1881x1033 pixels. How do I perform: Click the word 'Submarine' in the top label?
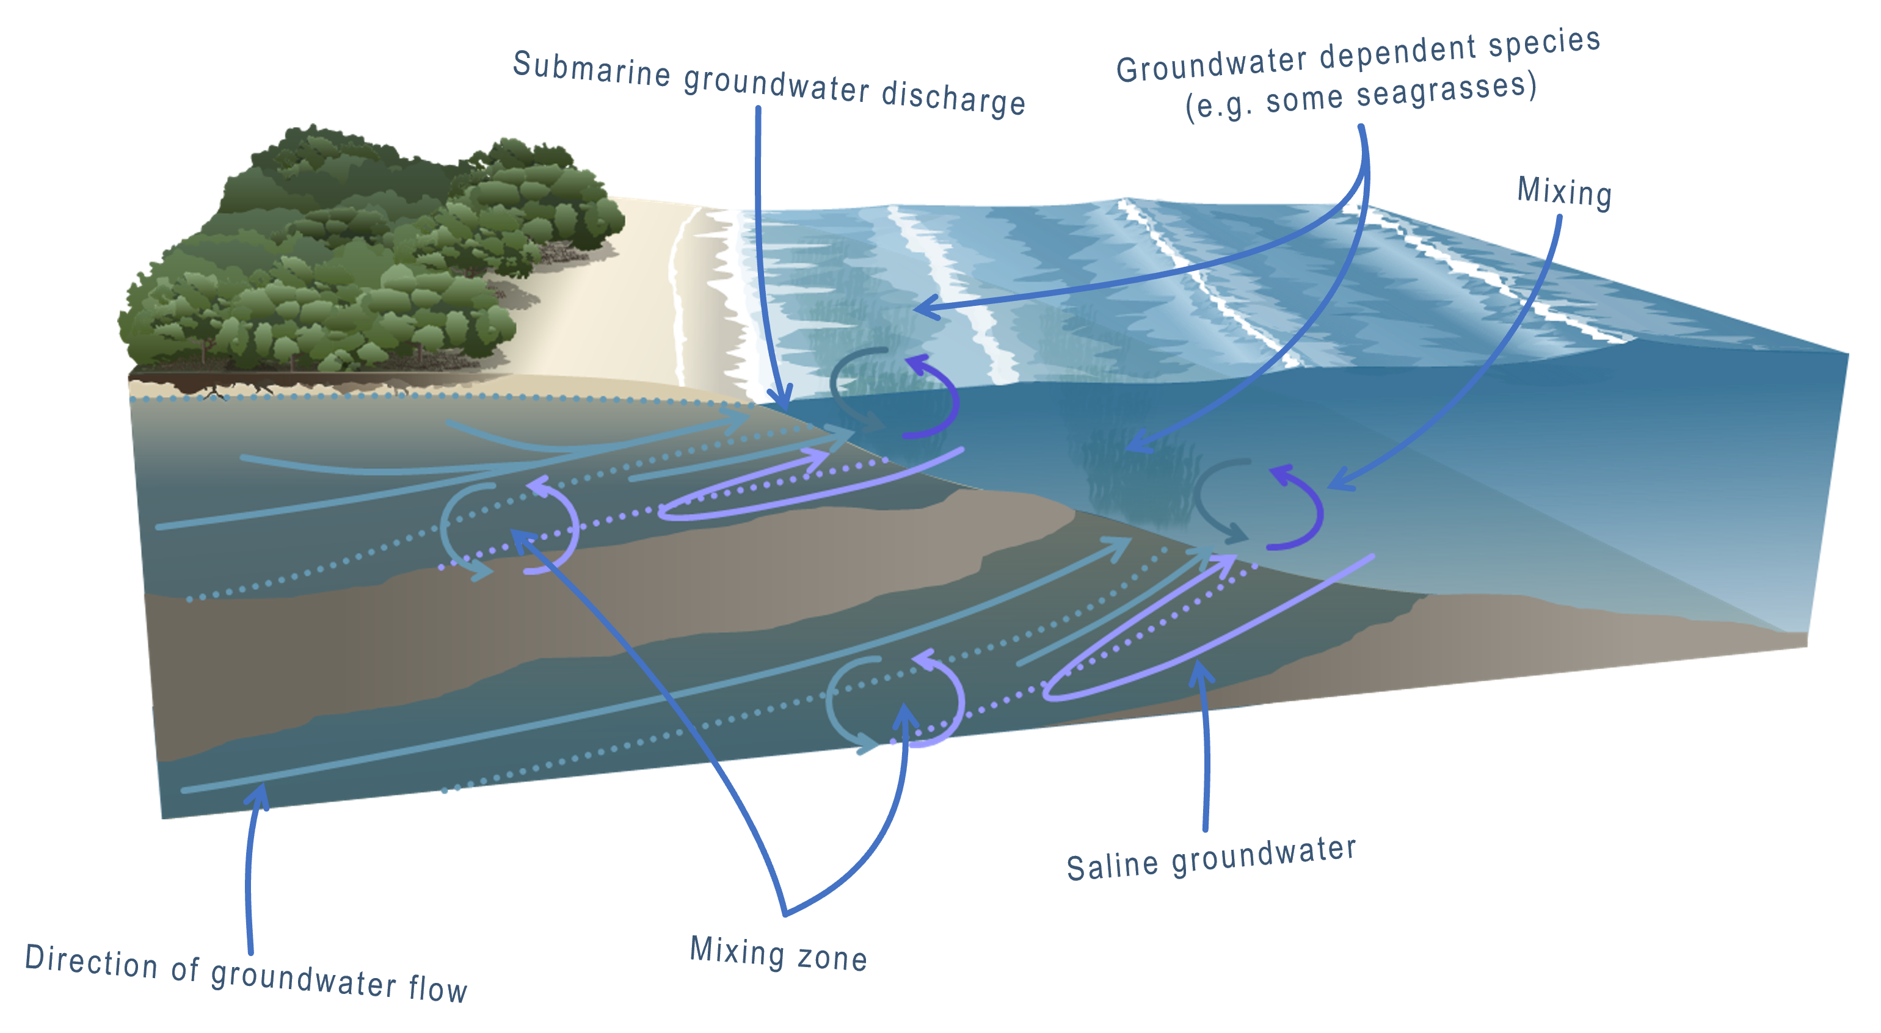click(x=591, y=70)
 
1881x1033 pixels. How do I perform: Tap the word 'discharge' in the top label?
click(x=953, y=98)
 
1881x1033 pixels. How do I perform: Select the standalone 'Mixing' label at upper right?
click(x=1564, y=192)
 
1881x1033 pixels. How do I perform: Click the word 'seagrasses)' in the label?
click(x=1446, y=90)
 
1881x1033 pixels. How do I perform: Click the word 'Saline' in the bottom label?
click(x=1111, y=866)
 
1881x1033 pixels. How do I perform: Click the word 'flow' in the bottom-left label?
click(x=437, y=988)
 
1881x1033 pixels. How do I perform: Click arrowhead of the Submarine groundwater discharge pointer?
click(x=781, y=402)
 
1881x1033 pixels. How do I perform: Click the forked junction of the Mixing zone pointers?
click(x=785, y=913)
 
